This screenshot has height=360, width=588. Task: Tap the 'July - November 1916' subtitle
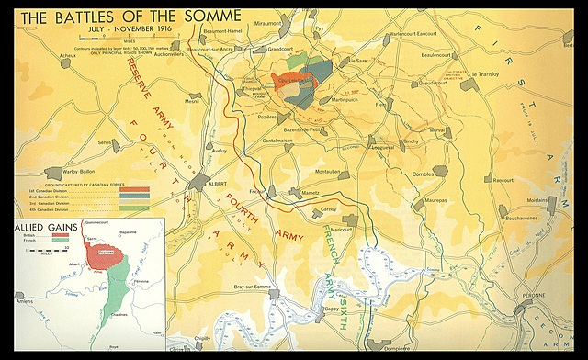click(x=130, y=30)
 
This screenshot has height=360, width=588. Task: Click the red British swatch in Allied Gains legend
click(x=61, y=236)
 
